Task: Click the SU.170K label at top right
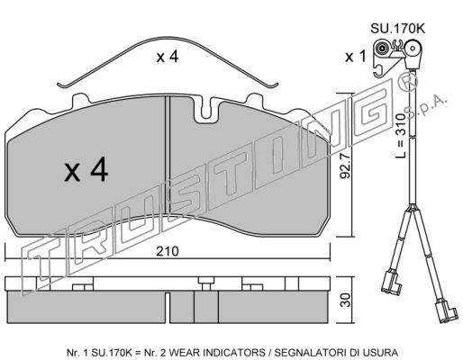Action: tap(397, 29)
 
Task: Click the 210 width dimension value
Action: tap(168, 251)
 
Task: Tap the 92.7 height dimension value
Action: tap(345, 166)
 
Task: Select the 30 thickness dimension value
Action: tap(346, 300)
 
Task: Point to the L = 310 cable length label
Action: tap(400, 136)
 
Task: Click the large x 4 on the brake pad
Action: tap(86, 170)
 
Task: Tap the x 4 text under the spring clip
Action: tap(168, 57)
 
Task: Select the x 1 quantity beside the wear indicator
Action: tap(356, 57)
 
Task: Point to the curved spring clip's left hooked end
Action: tap(63, 85)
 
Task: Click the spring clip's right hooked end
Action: tap(273, 85)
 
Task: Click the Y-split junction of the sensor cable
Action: tap(412, 209)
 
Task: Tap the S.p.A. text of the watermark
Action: tap(426, 106)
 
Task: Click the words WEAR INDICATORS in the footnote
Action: tap(212, 352)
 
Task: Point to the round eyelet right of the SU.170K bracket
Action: tap(413, 49)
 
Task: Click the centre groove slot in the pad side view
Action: tap(168, 307)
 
